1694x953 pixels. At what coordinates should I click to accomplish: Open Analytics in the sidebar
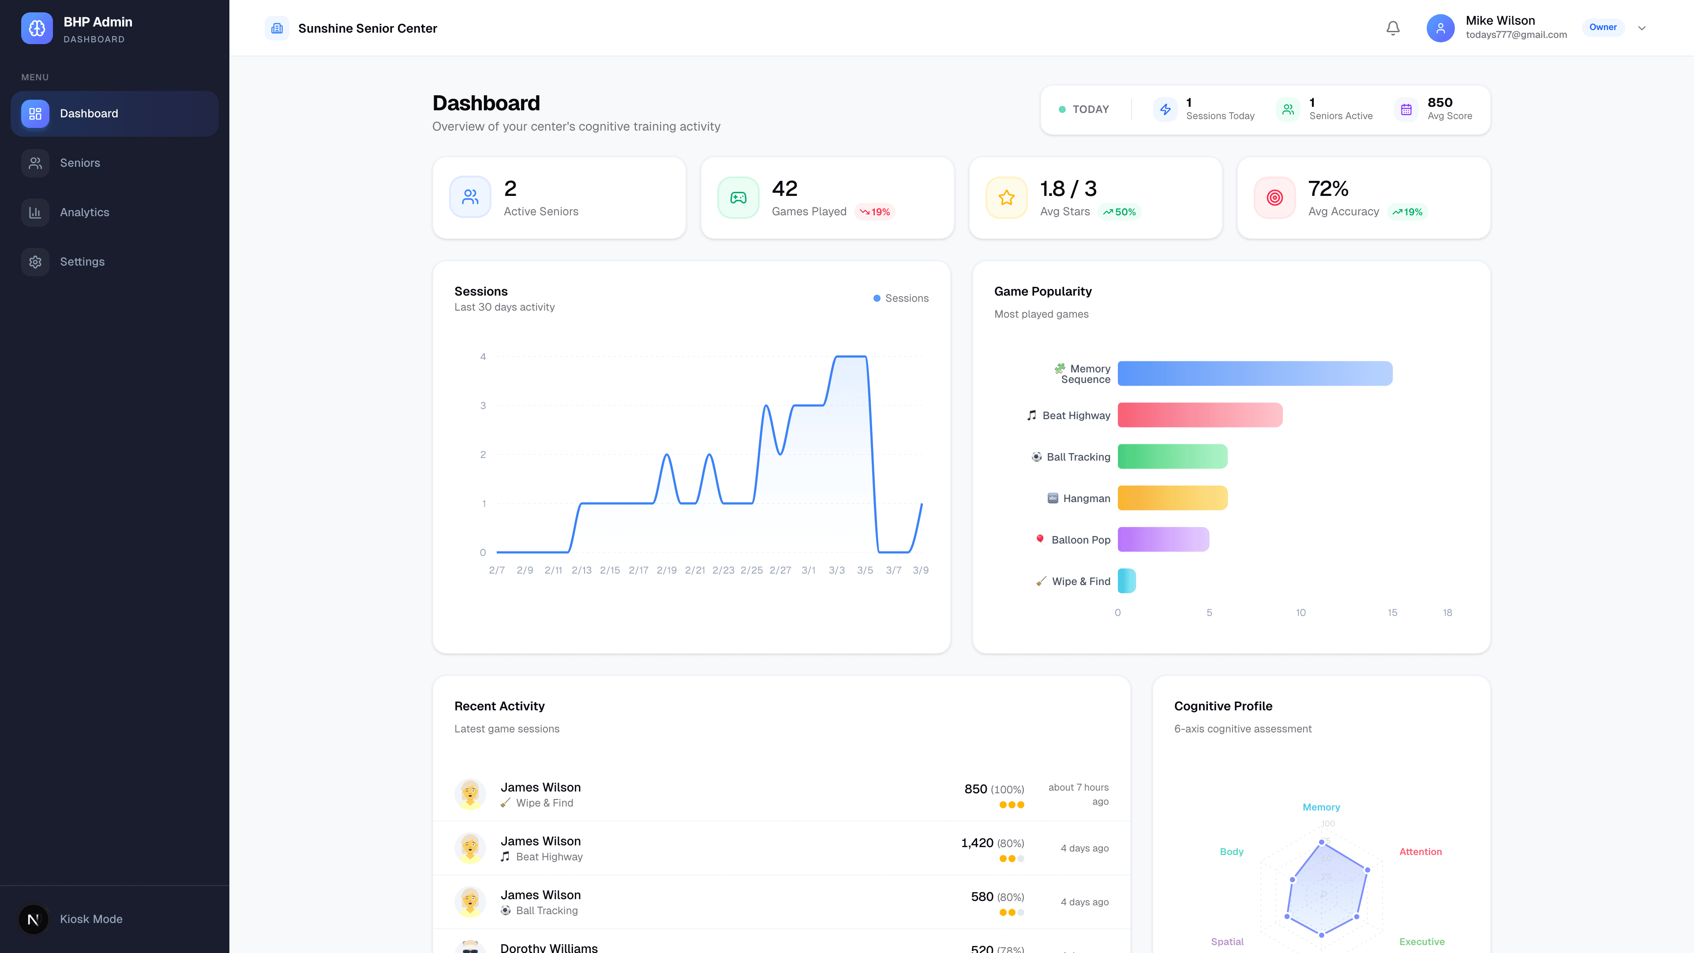click(x=84, y=212)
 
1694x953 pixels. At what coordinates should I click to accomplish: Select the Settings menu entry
click(x=82, y=262)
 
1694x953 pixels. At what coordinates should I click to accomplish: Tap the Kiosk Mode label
click(x=91, y=919)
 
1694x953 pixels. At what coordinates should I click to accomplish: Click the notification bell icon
click(x=1393, y=28)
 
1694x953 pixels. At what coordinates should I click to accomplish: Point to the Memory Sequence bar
click(x=1255, y=374)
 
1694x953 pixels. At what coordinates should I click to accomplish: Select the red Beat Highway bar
click(x=1199, y=415)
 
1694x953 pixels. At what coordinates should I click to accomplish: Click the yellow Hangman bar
click(x=1172, y=498)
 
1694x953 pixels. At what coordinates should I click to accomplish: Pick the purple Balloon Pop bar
click(x=1163, y=539)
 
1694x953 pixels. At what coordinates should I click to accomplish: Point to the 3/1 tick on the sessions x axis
click(x=808, y=570)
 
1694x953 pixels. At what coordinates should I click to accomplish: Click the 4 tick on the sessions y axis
click(x=483, y=357)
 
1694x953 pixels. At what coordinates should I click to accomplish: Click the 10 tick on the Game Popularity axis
click(x=1300, y=612)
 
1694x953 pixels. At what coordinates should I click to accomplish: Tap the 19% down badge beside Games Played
click(x=875, y=212)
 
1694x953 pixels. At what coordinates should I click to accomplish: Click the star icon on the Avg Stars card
click(x=1006, y=197)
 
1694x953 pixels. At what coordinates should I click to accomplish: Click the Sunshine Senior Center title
click(x=367, y=28)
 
